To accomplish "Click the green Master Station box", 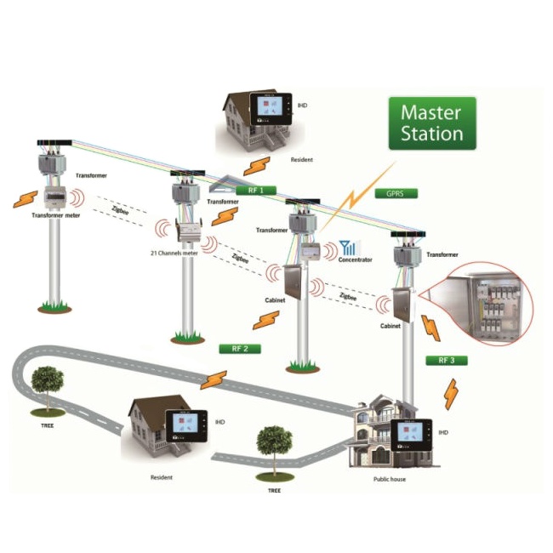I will coord(431,124).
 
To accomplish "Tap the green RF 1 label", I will coord(255,191).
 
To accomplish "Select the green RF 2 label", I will coord(239,349).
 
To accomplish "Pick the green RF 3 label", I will coord(446,360).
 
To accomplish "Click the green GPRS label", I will coord(394,193).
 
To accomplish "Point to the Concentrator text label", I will coord(355,260).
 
